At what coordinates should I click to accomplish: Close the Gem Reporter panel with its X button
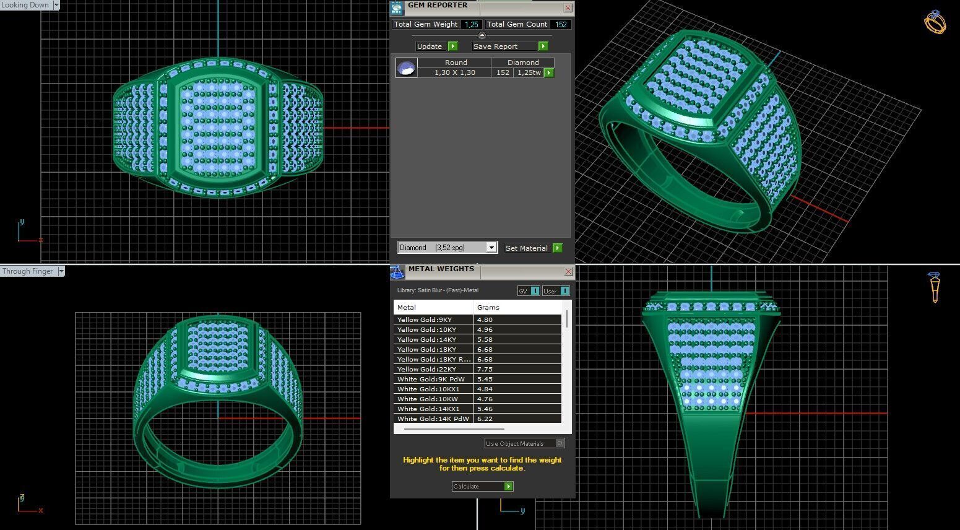click(x=568, y=8)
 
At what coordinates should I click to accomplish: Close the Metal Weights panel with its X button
click(x=568, y=272)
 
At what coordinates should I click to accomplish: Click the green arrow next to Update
click(x=452, y=46)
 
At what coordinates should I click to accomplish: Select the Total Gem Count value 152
click(x=561, y=25)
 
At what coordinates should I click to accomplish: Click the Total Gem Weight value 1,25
click(x=472, y=25)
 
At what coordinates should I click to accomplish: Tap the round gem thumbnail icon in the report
click(x=407, y=67)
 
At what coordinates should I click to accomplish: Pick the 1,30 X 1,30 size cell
click(x=454, y=73)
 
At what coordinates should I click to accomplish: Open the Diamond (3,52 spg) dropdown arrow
click(x=491, y=248)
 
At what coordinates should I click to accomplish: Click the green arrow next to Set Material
click(x=558, y=248)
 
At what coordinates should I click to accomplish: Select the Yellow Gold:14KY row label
click(x=426, y=340)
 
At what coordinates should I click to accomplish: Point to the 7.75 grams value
click(x=485, y=370)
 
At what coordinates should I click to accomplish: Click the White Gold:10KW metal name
click(x=428, y=399)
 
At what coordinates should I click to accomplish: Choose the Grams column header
click(x=488, y=307)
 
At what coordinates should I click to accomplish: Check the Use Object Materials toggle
click(x=560, y=443)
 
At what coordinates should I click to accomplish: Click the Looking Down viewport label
click(x=25, y=5)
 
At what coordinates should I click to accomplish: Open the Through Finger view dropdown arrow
click(x=61, y=271)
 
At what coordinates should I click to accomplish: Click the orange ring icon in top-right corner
click(x=935, y=22)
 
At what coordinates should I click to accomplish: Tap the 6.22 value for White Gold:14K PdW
click(x=485, y=419)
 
